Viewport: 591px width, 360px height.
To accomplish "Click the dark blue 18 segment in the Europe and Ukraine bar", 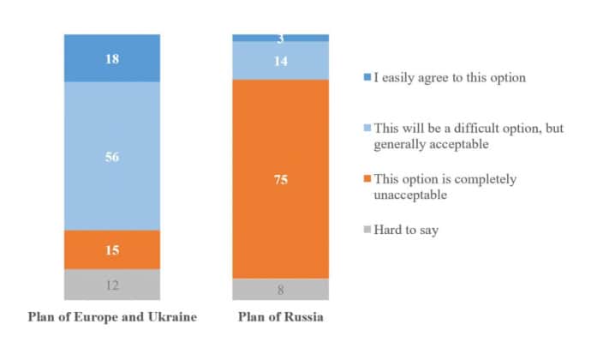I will (112, 58).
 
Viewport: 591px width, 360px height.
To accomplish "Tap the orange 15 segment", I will (112, 249).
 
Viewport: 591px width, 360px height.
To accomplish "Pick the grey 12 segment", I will (112, 285).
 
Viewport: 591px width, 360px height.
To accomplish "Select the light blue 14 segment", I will (280, 60).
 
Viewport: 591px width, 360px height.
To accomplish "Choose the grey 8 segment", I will (280, 290).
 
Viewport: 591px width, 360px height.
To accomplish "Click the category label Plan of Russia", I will (280, 317).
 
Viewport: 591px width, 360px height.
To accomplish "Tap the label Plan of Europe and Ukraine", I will (112, 317).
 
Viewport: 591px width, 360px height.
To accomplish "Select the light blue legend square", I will (366, 129).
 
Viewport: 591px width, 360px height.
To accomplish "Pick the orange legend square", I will (366, 179).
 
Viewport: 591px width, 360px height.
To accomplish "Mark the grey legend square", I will (366, 230).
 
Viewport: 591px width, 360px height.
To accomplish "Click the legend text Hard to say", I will (406, 230).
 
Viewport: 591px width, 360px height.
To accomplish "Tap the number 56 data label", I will (112, 157).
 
